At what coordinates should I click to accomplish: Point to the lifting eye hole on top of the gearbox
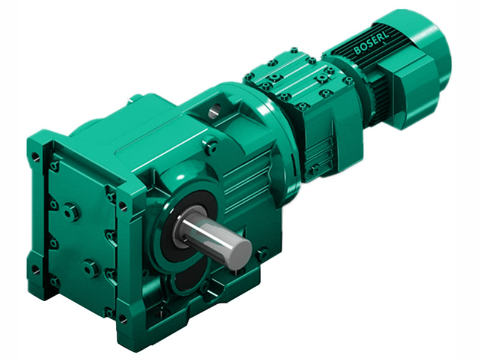pyautogui.click(x=214, y=110)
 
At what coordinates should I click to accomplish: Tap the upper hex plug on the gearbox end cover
pyautogui.click(x=71, y=211)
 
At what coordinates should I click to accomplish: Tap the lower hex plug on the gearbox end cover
pyautogui.click(x=91, y=268)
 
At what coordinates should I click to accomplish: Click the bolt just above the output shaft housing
pyautogui.click(x=211, y=144)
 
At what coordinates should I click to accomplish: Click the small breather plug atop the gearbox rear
pyautogui.click(x=136, y=97)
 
